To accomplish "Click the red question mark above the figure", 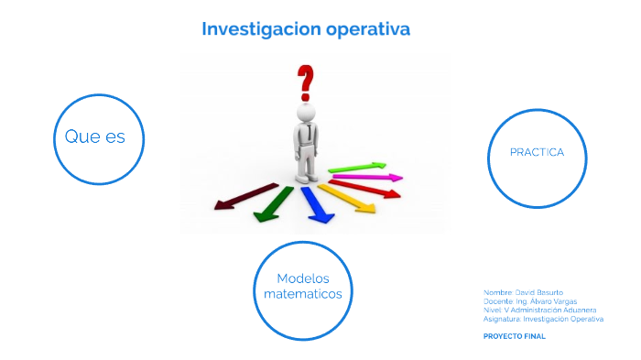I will click(x=304, y=81).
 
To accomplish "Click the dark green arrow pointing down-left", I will click(x=273, y=203).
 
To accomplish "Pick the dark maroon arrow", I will click(x=245, y=196).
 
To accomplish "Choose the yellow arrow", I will click(x=349, y=199).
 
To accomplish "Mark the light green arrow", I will click(x=358, y=167).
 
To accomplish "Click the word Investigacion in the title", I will click(x=259, y=29).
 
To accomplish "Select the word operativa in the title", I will click(x=365, y=29).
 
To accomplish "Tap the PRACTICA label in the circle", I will click(x=537, y=152).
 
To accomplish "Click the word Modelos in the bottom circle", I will click(x=302, y=278).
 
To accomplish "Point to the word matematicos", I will click(x=302, y=294).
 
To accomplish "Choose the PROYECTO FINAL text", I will click(x=514, y=336).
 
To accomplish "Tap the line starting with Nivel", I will click(x=539, y=310).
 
